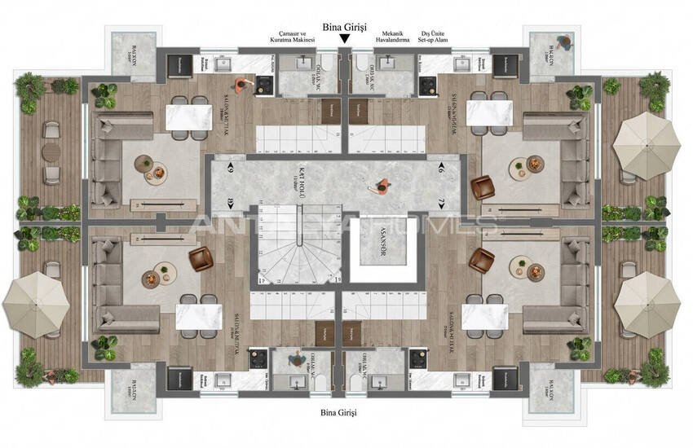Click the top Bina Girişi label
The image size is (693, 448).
tap(346, 28)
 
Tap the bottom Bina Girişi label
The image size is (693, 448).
tap(339, 413)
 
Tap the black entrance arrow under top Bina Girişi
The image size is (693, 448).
tap(346, 39)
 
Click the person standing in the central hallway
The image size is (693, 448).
tap(380, 186)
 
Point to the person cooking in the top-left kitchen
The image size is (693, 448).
tap(241, 85)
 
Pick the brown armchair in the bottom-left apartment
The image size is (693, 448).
tap(200, 260)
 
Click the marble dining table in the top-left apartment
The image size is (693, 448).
tap(188, 117)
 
